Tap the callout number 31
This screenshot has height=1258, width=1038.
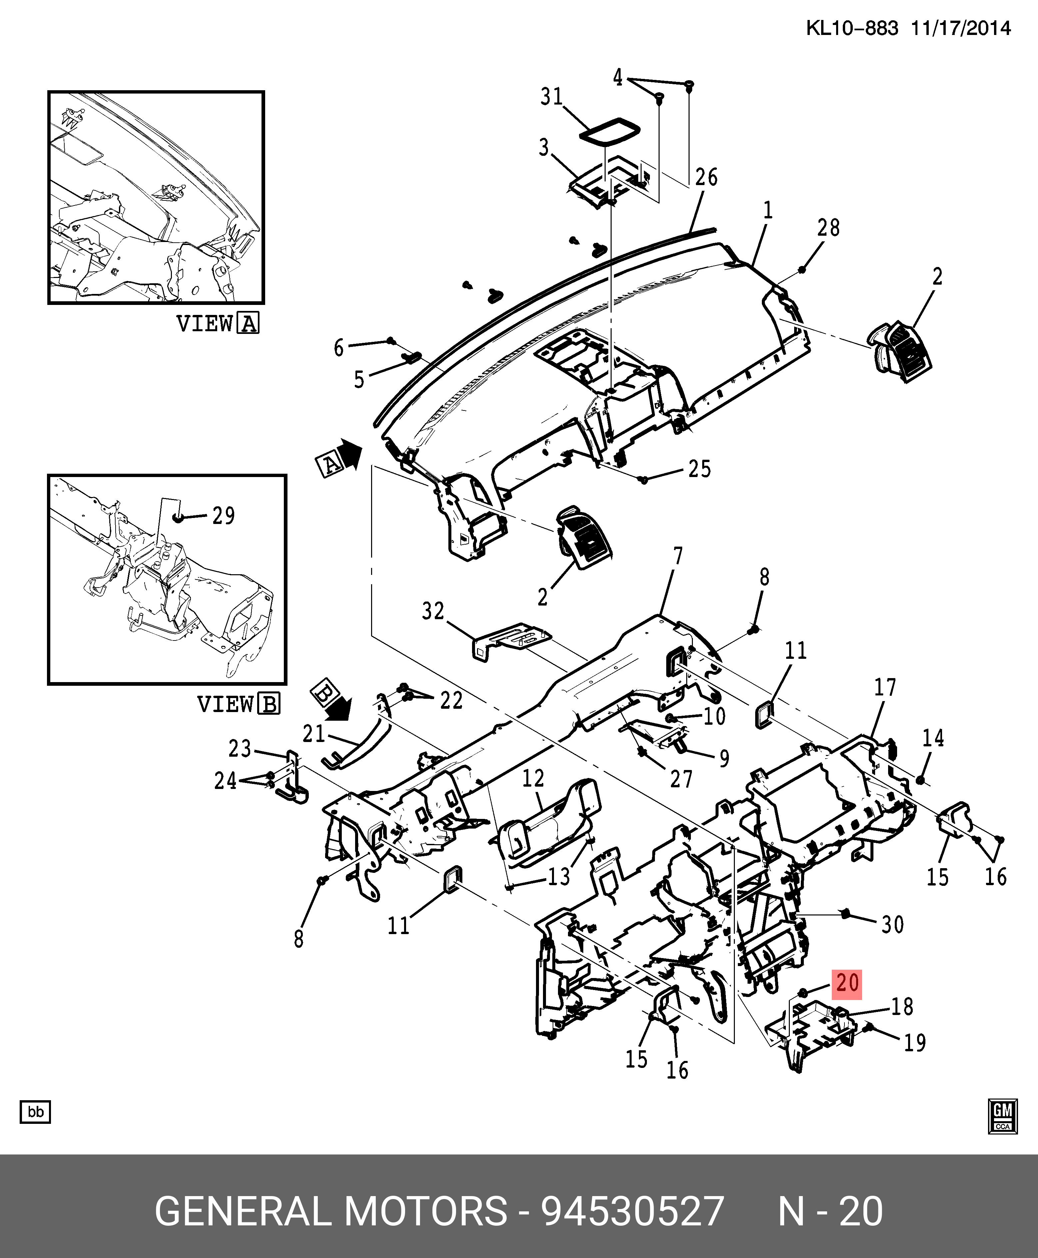551,96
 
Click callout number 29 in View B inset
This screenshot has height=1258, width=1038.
224,516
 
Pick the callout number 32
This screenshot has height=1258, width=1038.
433,611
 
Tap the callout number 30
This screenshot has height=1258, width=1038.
892,924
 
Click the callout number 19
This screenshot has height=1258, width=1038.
914,1043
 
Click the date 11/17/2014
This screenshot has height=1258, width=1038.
961,28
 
